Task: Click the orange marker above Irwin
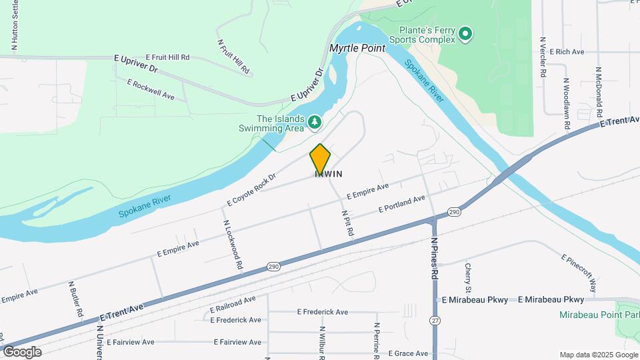tap(320, 159)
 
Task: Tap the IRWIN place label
tap(329, 174)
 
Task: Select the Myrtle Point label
tap(357, 49)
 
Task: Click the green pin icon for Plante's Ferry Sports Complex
tap(465, 33)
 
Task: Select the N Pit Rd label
tap(347, 222)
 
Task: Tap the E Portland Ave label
tap(401, 204)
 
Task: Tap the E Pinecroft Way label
tap(578, 268)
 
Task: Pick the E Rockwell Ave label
tap(151, 89)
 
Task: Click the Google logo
tap(21, 352)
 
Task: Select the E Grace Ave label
tap(409, 353)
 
